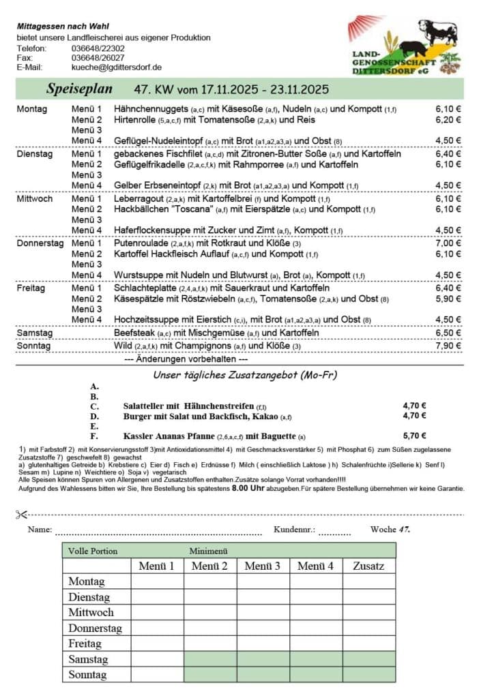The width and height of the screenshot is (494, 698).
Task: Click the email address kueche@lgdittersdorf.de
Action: coord(116,67)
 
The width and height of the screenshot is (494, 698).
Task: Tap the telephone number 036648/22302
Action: coord(98,48)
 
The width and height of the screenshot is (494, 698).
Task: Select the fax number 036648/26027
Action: coord(98,58)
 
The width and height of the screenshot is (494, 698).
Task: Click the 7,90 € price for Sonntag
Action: coord(448,346)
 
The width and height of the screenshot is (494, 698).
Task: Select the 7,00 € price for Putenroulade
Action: coord(448,243)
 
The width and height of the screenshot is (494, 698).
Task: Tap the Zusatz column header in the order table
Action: coord(368,566)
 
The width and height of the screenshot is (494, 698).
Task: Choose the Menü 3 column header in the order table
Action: coord(263,566)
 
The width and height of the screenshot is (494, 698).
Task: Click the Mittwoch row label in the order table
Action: coord(91,612)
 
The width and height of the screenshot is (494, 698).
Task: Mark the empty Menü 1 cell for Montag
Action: coord(157,581)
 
